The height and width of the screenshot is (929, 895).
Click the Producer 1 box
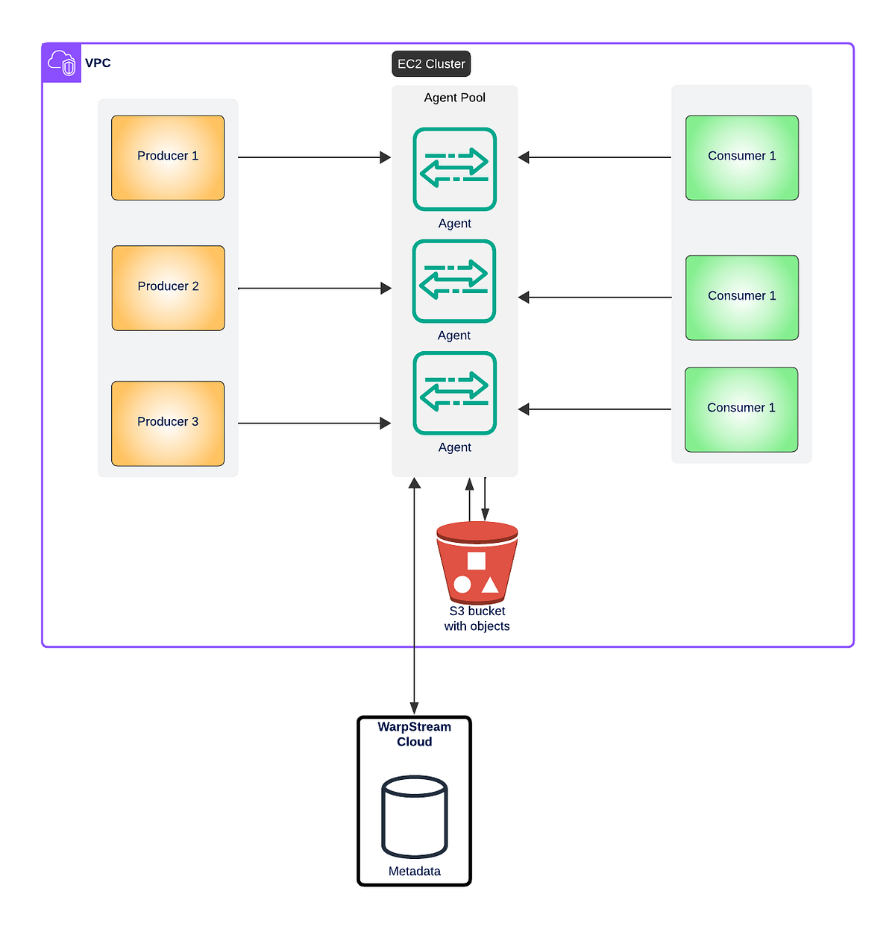click(168, 157)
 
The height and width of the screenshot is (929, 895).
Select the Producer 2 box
click(168, 288)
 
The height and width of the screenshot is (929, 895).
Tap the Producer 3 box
click(168, 423)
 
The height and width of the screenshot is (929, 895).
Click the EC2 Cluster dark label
click(431, 64)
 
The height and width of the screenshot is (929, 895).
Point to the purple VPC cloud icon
click(62, 63)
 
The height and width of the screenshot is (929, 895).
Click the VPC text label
click(98, 63)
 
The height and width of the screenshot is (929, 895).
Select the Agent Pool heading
click(454, 98)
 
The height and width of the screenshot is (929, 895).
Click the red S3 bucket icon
click(477, 562)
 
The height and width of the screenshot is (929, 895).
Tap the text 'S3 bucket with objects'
click(477, 619)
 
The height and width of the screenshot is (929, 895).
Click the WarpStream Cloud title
click(414, 734)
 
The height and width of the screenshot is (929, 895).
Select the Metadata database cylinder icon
click(414, 816)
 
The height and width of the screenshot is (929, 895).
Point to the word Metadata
click(414, 871)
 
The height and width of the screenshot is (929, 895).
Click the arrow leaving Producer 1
click(313, 157)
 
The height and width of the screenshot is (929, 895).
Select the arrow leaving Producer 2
click(313, 288)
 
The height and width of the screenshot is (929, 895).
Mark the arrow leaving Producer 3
click(313, 423)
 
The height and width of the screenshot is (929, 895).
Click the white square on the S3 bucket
click(476, 561)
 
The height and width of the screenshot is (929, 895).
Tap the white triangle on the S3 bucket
click(490, 585)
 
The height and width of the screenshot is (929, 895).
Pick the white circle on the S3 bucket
click(462, 585)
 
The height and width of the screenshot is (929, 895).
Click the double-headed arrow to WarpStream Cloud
click(415, 596)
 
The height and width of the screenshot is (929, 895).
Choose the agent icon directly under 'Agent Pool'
click(454, 169)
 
